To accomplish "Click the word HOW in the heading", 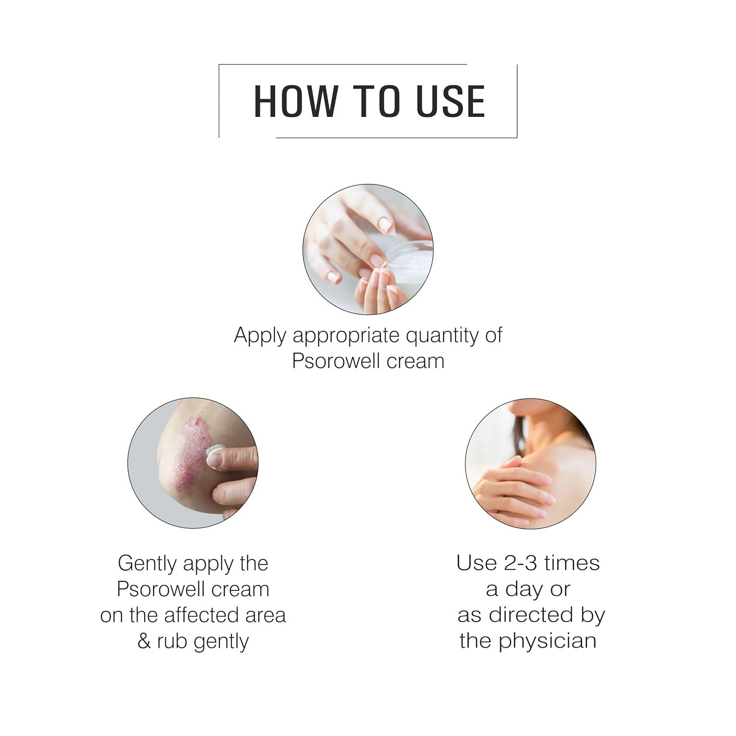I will [295, 102].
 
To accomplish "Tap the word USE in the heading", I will [450, 102].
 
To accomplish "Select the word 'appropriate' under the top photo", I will [346, 336].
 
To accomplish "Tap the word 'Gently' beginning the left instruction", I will [147, 564].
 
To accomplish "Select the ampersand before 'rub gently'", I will [144, 641].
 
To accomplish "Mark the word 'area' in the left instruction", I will [267, 615].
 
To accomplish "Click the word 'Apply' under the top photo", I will [260, 336].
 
